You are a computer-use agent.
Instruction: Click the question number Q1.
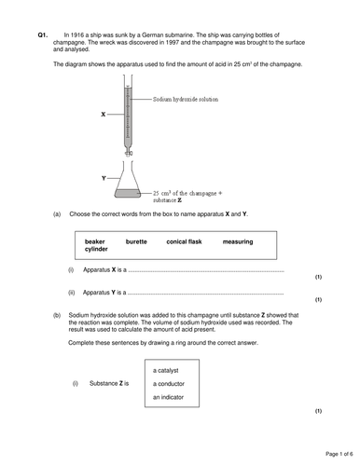tap(43, 35)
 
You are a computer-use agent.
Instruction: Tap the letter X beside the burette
tap(104, 115)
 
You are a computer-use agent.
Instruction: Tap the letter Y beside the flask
tap(104, 178)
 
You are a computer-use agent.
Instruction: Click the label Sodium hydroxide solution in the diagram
tap(186, 100)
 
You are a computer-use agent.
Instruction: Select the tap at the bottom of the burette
tap(129, 153)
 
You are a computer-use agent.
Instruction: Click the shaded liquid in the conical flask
tap(128, 193)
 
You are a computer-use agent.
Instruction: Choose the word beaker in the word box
tap(94, 241)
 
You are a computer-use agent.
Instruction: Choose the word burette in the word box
tap(136, 241)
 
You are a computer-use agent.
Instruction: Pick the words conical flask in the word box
tap(184, 241)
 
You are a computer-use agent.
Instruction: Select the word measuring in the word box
tap(238, 241)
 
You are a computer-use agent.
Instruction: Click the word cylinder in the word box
tap(96, 249)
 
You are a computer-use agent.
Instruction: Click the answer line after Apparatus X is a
tap(206, 272)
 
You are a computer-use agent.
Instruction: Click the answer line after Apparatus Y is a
tap(206, 295)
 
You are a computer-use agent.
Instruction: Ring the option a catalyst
tap(166, 371)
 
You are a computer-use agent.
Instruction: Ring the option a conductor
tap(169, 384)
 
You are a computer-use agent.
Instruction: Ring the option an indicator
tap(168, 397)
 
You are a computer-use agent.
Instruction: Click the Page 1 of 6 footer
tap(339, 454)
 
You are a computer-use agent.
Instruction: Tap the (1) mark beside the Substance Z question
tap(318, 411)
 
